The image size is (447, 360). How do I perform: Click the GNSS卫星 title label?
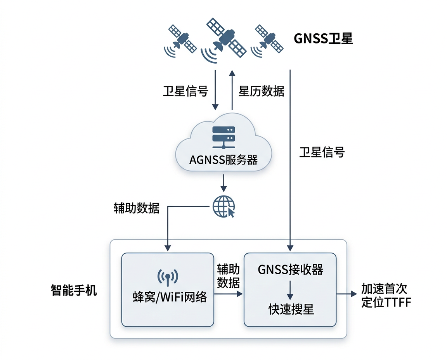point(323,39)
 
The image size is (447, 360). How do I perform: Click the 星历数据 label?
point(261,92)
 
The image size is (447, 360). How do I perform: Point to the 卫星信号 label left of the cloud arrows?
point(185,92)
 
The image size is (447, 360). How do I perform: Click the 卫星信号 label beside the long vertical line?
point(322,152)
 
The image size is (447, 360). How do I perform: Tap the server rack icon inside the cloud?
point(223,137)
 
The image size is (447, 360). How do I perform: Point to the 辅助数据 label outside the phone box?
point(136,208)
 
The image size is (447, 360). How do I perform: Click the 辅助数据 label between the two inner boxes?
point(228,276)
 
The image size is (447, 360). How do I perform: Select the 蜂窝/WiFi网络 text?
point(168,298)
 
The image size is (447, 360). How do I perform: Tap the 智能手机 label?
point(74,290)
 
